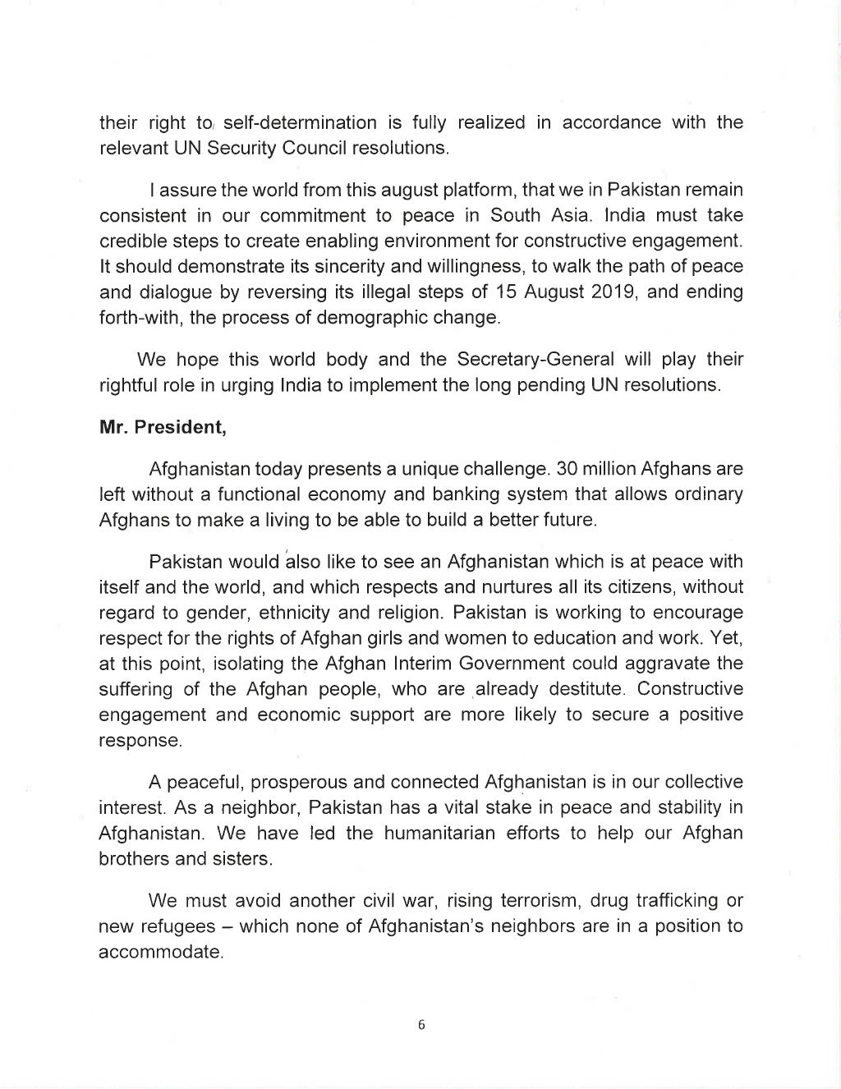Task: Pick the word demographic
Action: coord(389,318)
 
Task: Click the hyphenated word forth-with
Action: coord(139,318)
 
